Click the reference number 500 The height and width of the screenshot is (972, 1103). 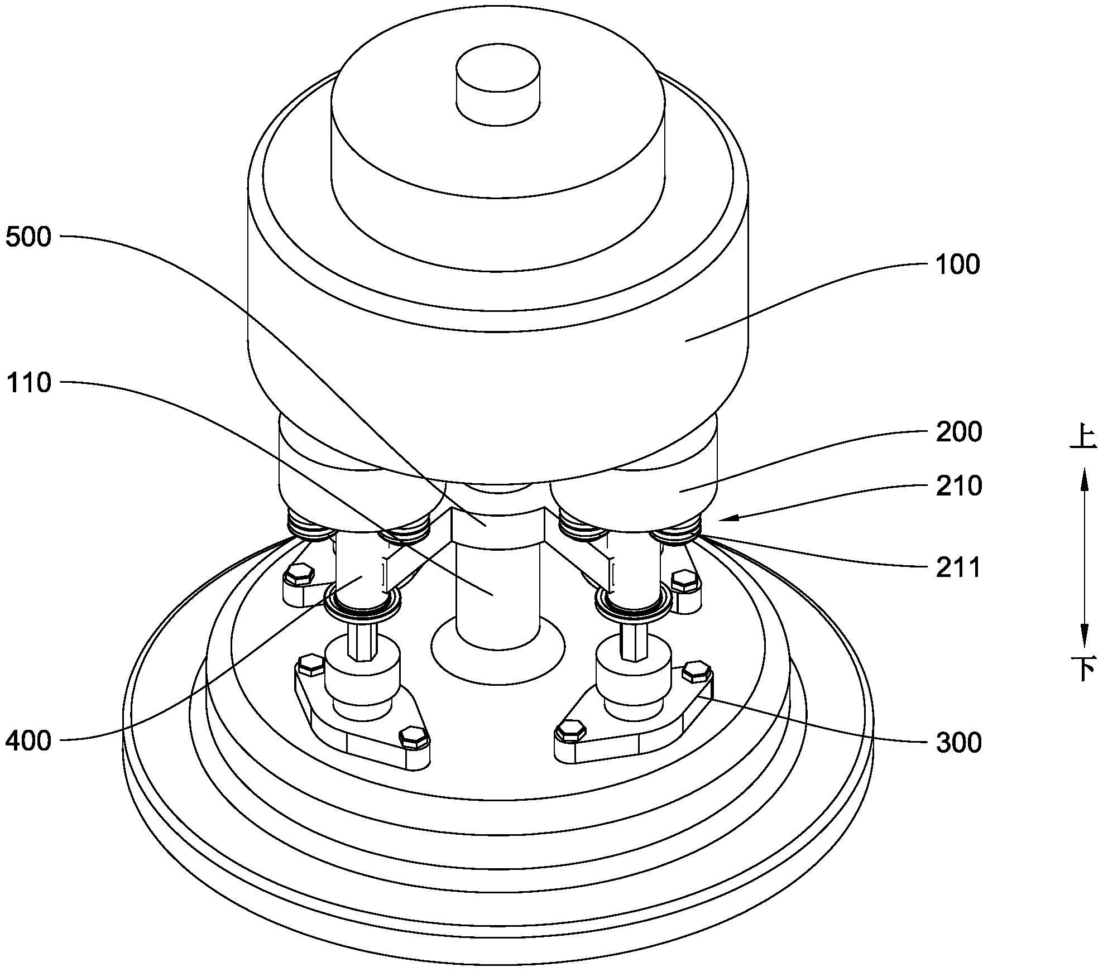point(28,237)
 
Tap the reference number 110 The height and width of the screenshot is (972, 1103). point(28,383)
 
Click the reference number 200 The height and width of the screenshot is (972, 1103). point(958,432)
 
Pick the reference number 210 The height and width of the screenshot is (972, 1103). point(958,486)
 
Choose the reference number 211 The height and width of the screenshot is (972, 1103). point(958,568)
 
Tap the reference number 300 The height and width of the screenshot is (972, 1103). point(958,743)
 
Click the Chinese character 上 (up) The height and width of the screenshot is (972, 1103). point(1083,438)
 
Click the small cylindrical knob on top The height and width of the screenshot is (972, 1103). point(498,84)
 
